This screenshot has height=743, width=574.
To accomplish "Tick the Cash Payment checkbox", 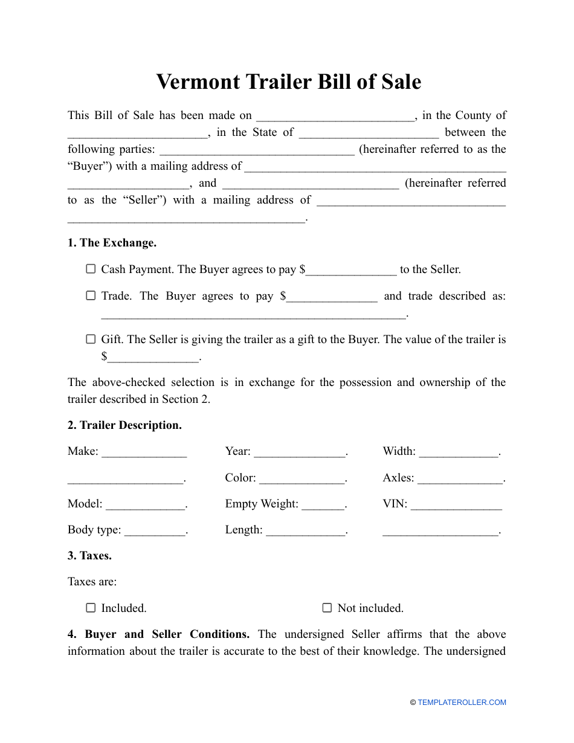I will (91, 269).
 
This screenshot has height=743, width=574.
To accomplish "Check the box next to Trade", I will (91, 296).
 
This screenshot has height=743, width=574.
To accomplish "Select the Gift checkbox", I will (91, 339).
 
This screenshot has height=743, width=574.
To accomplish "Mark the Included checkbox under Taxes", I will (91, 608).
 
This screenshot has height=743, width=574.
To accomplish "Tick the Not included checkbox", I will (327, 608).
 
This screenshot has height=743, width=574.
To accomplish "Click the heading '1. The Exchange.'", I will (112, 243).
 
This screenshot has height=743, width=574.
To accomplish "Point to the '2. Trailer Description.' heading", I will (124, 425).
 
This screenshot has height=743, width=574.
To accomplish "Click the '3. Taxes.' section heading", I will (89, 556).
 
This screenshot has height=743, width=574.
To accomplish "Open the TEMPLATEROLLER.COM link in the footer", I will (462, 703).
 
